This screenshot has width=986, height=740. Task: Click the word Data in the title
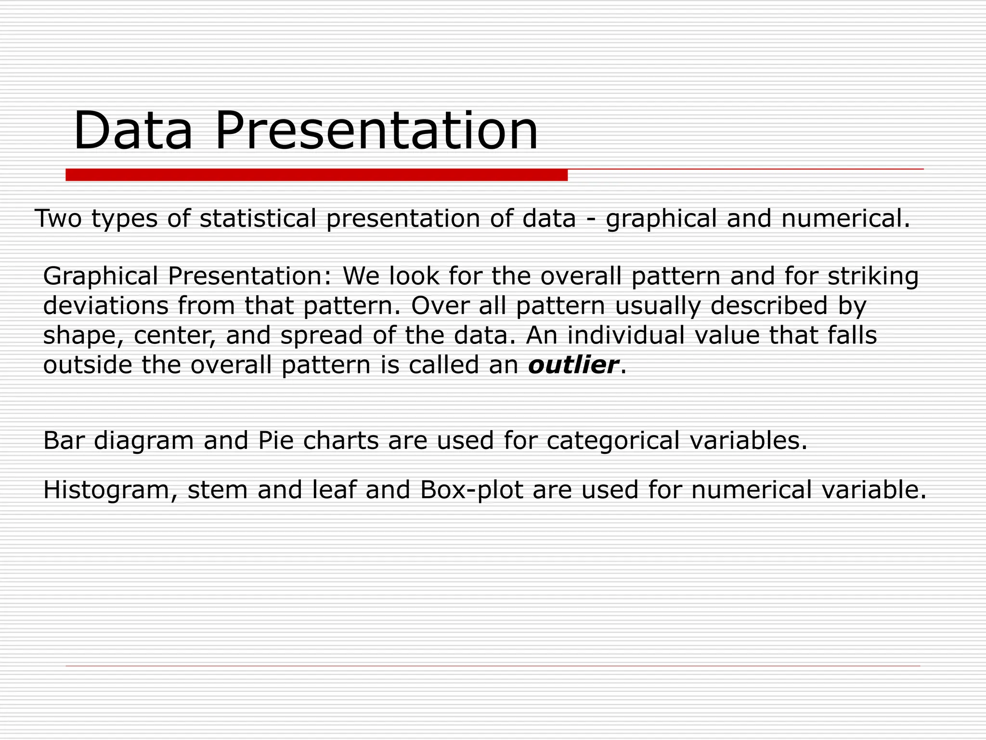click(x=133, y=131)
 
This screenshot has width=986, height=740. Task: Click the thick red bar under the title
click(x=316, y=175)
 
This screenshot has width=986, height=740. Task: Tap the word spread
click(x=321, y=336)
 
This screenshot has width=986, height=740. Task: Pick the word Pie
click(x=276, y=440)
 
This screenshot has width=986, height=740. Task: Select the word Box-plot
click(x=471, y=490)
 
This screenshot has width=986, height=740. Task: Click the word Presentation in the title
click(x=376, y=131)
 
